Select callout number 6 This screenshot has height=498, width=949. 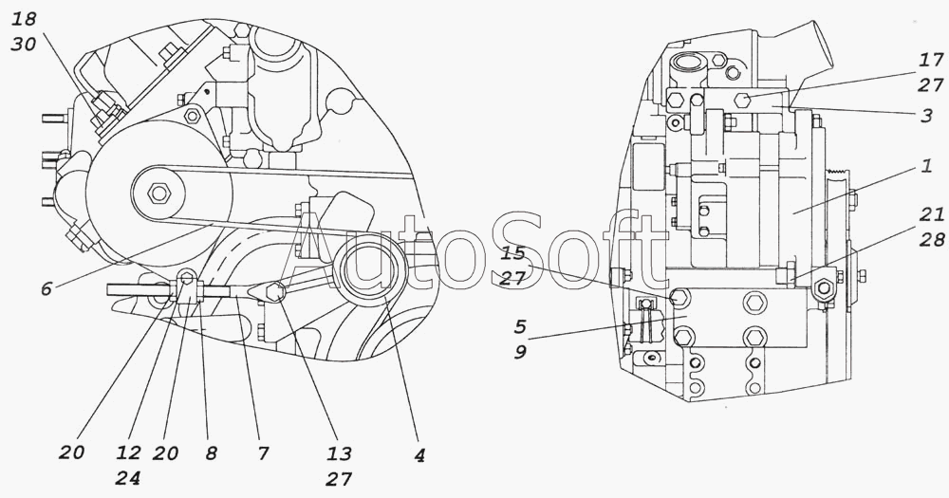(46, 289)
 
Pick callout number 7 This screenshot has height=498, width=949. (261, 453)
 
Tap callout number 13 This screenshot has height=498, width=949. (339, 453)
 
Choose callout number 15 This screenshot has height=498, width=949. (513, 253)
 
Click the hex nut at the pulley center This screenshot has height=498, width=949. (159, 194)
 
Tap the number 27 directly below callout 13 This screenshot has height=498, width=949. (339, 478)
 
